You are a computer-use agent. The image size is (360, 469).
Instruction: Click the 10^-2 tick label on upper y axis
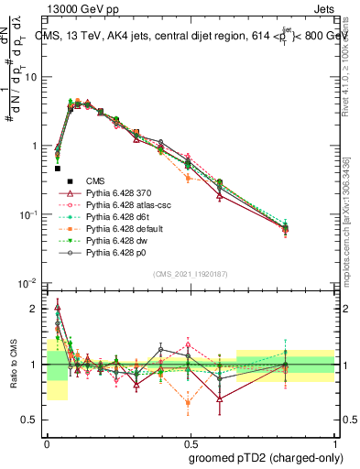pyautogui.click(x=30, y=284)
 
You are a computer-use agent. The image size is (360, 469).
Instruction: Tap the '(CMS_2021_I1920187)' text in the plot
pyautogui.click(x=191, y=276)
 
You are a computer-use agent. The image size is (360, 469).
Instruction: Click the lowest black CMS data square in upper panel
pyautogui.click(x=58, y=169)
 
